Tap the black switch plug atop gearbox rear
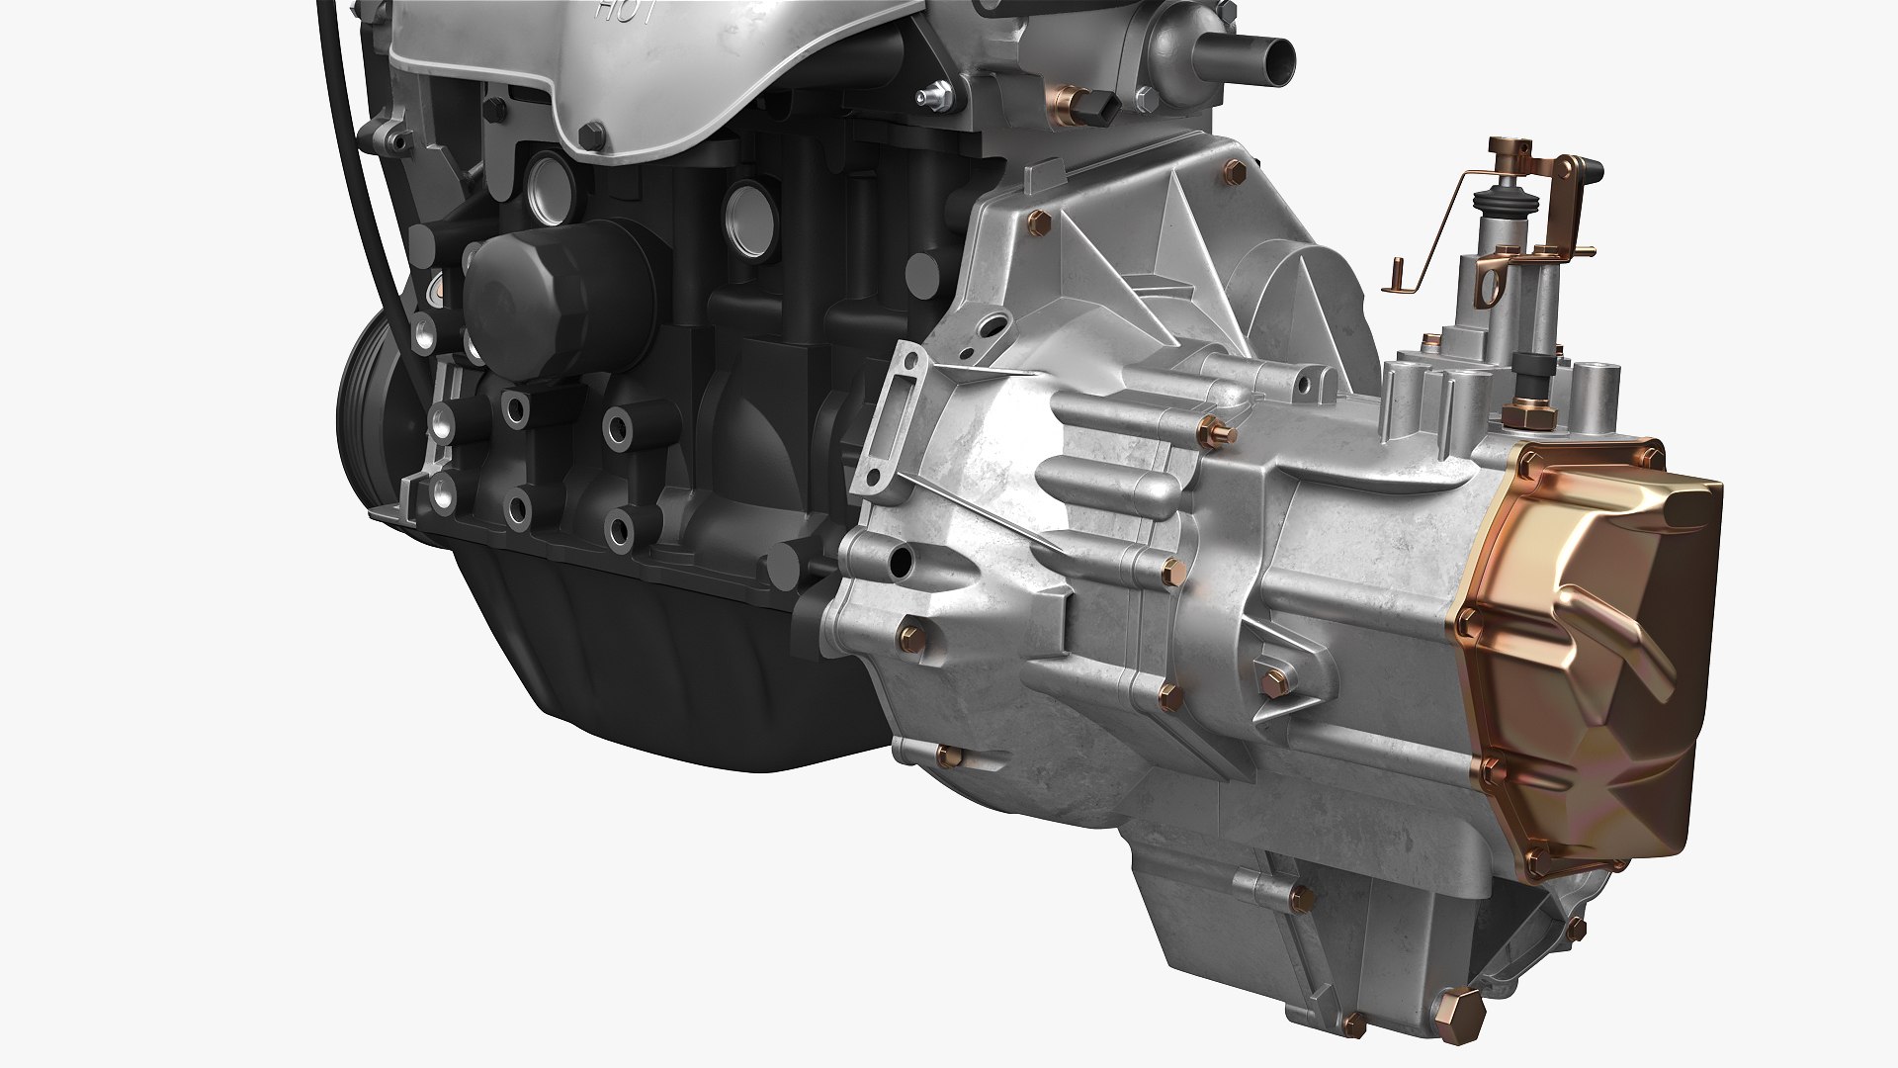pyautogui.click(x=1527, y=376)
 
